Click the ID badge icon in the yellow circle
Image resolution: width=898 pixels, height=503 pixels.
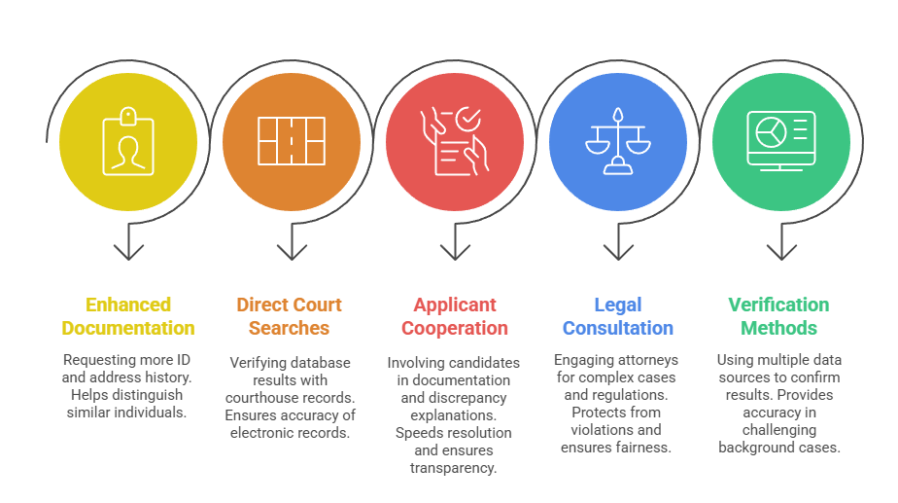(x=128, y=141)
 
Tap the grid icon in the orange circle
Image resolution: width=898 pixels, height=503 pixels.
(x=292, y=141)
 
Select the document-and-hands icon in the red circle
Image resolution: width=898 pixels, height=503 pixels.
(x=455, y=141)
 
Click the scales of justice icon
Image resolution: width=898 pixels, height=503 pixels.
(x=618, y=141)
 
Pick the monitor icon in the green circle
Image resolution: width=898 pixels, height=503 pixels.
(x=781, y=141)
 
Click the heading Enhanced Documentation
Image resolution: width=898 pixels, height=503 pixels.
(x=128, y=316)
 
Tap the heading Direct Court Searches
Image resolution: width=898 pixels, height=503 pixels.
(x=290, y=316)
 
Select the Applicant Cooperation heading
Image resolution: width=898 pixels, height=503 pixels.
(x=455, y=316)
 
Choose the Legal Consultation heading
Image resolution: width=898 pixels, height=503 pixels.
(x=618, y=316)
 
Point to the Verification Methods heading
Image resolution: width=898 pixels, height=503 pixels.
(x=778, y=316)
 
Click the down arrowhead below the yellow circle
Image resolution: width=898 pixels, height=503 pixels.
(x=128, y=252)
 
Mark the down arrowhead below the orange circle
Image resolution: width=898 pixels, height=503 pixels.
(x=292, y=252)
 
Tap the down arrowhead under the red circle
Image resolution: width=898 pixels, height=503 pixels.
(x=455, y=252)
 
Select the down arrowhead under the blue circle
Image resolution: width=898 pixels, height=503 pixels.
(x=618, y=252)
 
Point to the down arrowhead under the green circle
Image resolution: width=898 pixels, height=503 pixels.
(x=781, y=252)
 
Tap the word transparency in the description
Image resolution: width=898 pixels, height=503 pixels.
(x=453, y=468)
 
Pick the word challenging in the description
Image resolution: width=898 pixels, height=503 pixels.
(x=778, y=430)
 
